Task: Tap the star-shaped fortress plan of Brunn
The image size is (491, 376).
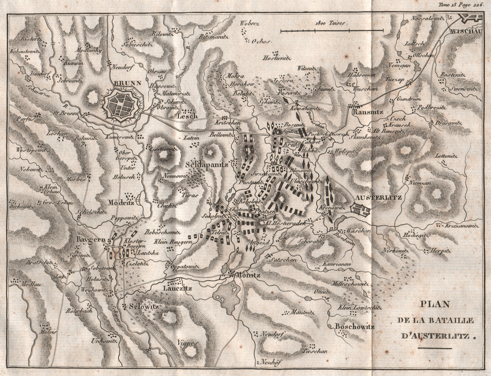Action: click(x=123, y=106)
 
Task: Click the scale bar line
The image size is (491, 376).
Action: click(x=332, y=30)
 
